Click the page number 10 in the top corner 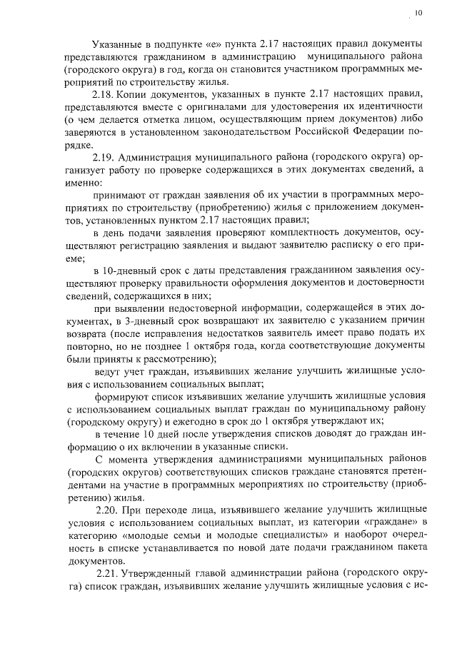pos(418,12)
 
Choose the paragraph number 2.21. pos(109,573)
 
